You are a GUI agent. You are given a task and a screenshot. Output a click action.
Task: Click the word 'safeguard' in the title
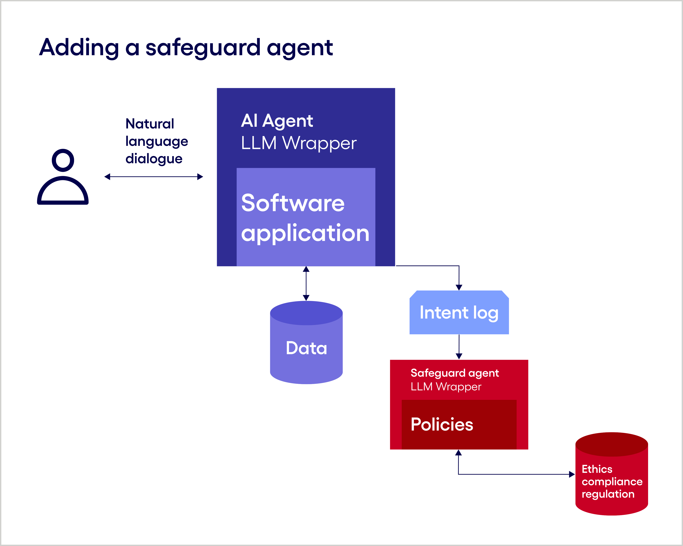pyautogui.click(x=203, y=48)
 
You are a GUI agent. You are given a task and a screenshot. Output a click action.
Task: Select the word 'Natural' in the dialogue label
pyautogui.click(x=149, y=124)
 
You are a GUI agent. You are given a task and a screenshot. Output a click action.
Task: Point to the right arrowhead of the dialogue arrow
pyautogui.click(x=200, y=177)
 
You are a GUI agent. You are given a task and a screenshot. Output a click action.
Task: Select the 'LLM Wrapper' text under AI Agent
pyautogui.click(x=298, y=143)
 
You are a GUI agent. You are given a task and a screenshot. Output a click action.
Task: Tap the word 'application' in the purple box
pyautogui.click(x=305, y=233)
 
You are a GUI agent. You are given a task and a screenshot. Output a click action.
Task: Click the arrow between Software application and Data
pyautogui.click(x=306, y=283)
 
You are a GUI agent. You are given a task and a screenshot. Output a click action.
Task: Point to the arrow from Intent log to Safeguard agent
pyautogui.click(x=459, y=347)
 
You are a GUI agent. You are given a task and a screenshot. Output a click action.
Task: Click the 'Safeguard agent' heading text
pyautogui.click(x=455, y=373)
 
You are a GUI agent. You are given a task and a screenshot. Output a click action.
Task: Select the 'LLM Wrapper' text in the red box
pyautogui.click(x=446, y=387)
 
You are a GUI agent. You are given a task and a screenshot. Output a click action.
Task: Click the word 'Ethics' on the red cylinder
pyautogui.click(x=597, y=469)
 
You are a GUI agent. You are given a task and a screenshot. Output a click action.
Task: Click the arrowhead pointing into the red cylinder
pyautogui.click(x=572, y=474)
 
